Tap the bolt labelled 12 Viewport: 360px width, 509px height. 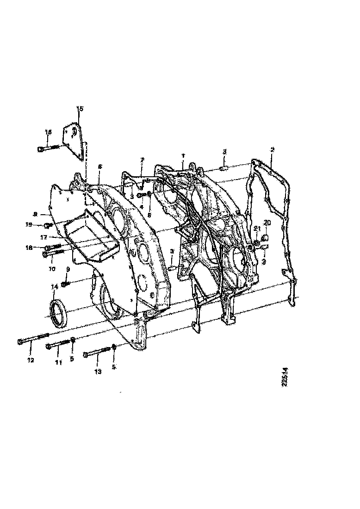(x=33, y=339)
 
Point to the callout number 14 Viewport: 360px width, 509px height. (x=54, y=287)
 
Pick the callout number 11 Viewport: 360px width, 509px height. (x=58, y=362)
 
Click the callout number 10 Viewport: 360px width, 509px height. (x=51, y=268)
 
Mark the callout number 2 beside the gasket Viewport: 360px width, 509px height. (x=273, y=150)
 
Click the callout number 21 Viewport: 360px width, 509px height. (x=257, y=229)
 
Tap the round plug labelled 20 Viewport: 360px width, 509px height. (x=266, y=238)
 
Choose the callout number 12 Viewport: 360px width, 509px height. (x=31, y=360)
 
